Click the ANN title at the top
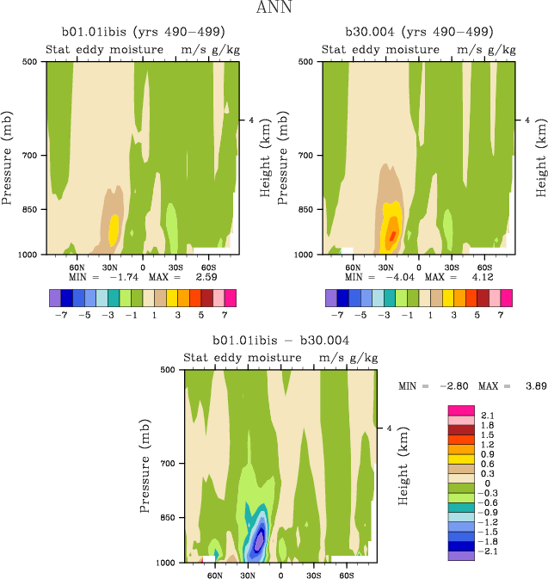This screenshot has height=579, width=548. click(x=274, y=9)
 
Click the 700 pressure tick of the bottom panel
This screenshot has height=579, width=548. click(x=168, y=464)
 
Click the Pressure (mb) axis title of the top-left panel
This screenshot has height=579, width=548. click(x=8, y=157)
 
